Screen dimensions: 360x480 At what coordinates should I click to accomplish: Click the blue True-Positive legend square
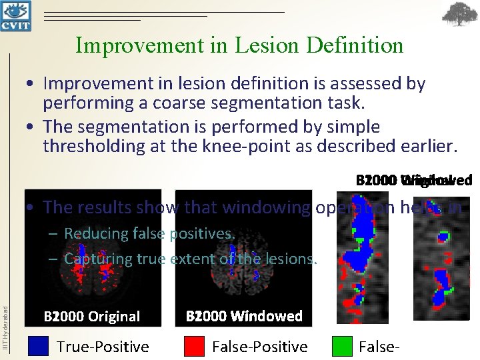click(x=39, y=346)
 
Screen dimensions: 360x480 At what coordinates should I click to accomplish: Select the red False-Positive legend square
click(x=193, y=346)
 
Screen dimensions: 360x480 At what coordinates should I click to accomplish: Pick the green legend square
click(x=341, y=346)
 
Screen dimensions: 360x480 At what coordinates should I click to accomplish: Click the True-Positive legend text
click(x=103, y=346)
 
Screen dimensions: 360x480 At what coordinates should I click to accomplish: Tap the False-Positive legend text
click(x=259, y=346)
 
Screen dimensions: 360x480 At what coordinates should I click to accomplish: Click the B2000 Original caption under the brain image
click(x=92, y=316)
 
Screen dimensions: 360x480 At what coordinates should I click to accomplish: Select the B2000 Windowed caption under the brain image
click(x=244, y=316)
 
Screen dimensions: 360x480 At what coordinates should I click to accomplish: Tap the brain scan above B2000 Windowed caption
click(x=243, y=250)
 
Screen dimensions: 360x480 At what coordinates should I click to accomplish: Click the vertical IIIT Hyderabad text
click(x=5, y=327)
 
